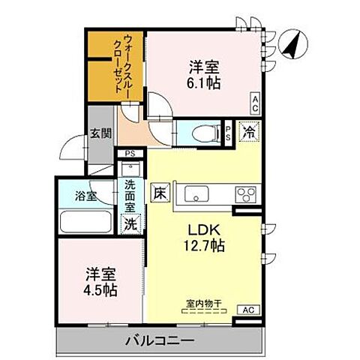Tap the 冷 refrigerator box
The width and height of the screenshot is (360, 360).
(249, 131)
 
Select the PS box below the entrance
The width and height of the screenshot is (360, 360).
(130, 155)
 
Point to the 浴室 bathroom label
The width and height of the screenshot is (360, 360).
(86, 196)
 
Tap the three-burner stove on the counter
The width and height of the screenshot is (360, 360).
(247, 193)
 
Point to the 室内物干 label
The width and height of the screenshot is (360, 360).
(203, 304)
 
